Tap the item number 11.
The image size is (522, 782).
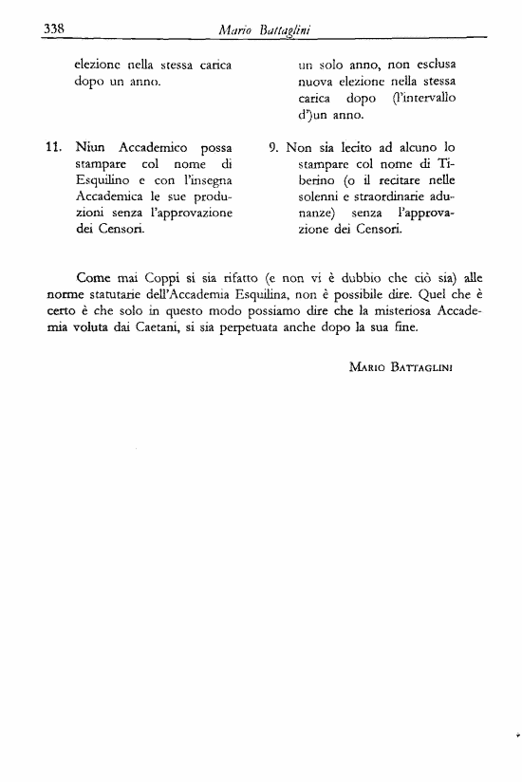coord(54,148)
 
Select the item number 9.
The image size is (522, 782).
coord(275,148)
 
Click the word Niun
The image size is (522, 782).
coord(92,148)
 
